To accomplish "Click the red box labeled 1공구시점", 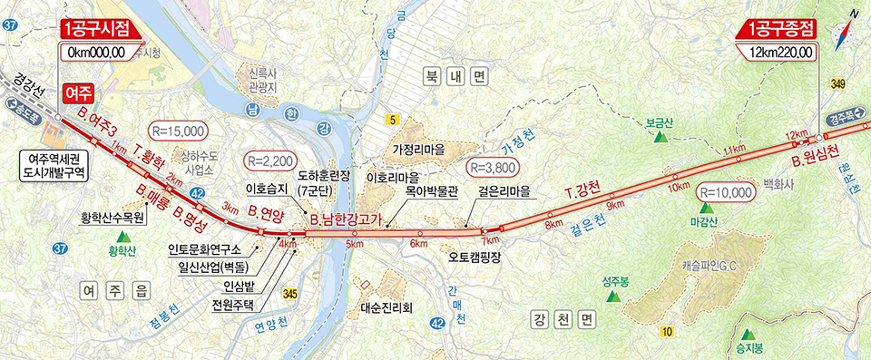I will pyautogui.click(x=102, y=30).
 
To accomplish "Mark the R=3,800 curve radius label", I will pyautogui.click(x=492, y=168).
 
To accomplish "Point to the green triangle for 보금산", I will pyautogui.click(x=661, y=136).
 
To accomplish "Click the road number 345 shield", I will pyautogui.click(x=289, y=294).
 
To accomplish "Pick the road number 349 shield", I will pyautogui.click(x=837, y=84).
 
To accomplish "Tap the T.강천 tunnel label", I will pyautogui.click(x=581, y=191).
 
